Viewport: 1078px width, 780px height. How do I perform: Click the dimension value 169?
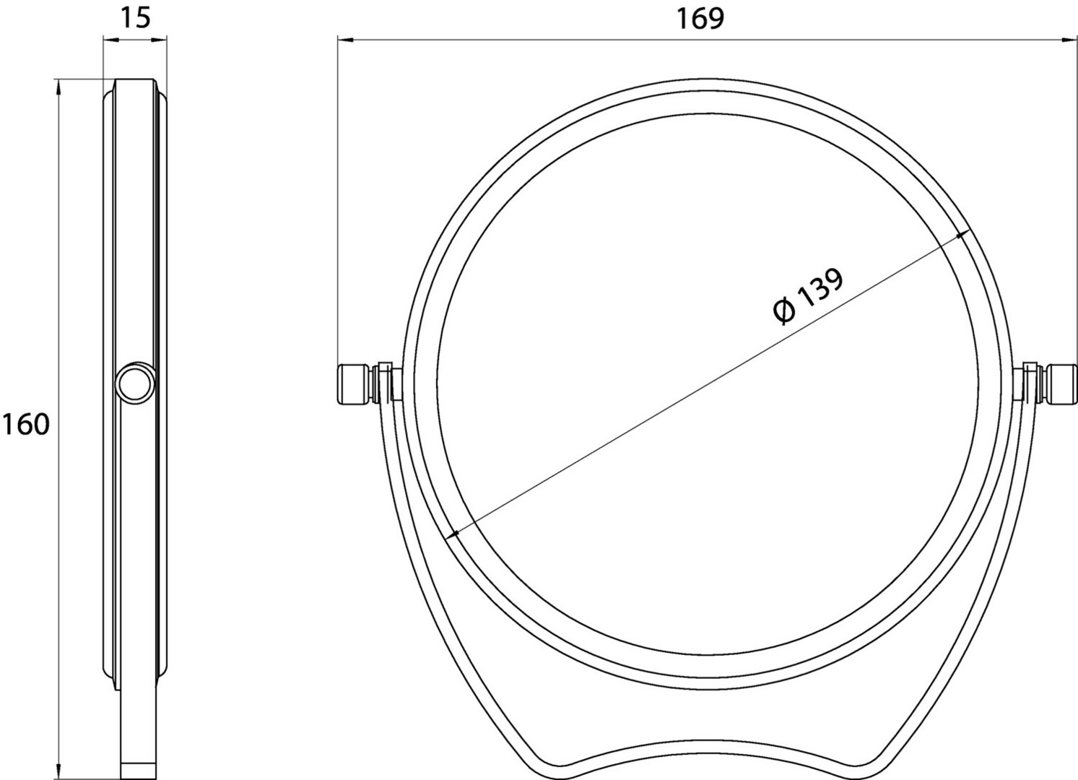pyautogui.click(x=700, y=19)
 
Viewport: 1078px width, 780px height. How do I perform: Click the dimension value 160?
pyautogui.click(x=26, y=425)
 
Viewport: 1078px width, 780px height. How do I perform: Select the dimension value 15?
pyautogui.click(x=135, y=18)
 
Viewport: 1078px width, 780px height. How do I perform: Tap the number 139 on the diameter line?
pyautogui.click(x=820, y=288)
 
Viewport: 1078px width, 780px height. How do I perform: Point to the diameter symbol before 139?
pyautogui.click(x=784, y=311)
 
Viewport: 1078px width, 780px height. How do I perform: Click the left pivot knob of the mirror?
pyautogui.click(x=355, y=383)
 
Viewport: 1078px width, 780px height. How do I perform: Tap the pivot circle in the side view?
pyautogui.click(x=136, y=383)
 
